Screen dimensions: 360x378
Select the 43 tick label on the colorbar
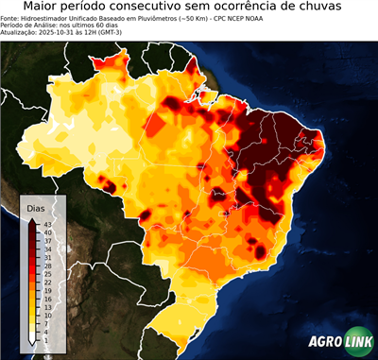tap(47, 223)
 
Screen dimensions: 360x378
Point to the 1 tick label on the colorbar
tap(45, 338)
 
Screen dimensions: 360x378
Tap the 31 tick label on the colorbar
tap(47, 256)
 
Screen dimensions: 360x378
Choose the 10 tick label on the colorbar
tap(47, 314)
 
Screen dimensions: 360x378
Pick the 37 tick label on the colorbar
tap(47, 240)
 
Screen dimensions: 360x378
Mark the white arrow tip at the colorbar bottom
tap(32, 342)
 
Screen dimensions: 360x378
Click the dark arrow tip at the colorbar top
tap(32, 217)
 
